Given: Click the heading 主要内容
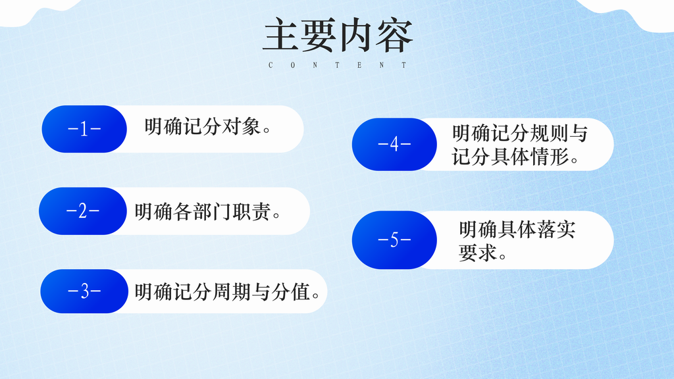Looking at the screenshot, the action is pyautogui.click(x=338, y=36).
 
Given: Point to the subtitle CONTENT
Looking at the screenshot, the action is pyautogui.click(x=338, y=65).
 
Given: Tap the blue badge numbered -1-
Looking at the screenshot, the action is pyautogui.click(x=84, y=129).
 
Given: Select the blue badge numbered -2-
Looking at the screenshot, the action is pyautogui.click(x=83, y=211).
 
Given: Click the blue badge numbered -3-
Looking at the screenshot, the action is pyautogui.click(x=84, y=291).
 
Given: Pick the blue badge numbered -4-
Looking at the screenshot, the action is pyautogui.click(x=394, y=144).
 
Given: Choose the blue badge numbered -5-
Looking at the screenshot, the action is pyautogui.click(x=394, y=240).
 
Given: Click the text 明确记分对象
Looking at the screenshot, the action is pyautogui.click(x=203, y=127).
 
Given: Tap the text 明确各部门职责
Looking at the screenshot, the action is pyautogui.click(x=203, y=212).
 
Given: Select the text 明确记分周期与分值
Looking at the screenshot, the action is pyautogui.click(x=222, y=292).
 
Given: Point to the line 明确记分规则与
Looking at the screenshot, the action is pyautogui.click(x=520, y=133).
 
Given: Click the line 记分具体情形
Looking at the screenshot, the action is pyautogui.click(x=510, y=157).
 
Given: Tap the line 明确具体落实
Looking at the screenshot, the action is pyautogui.click(x=517, y=230).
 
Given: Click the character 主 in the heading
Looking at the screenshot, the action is pyautogui.click(x=280, y=36).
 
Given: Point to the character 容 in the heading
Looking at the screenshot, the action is pyautogui.click(x=394, y=36).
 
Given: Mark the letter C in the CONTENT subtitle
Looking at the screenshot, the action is pyautogui.click(x=271, y=65).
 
